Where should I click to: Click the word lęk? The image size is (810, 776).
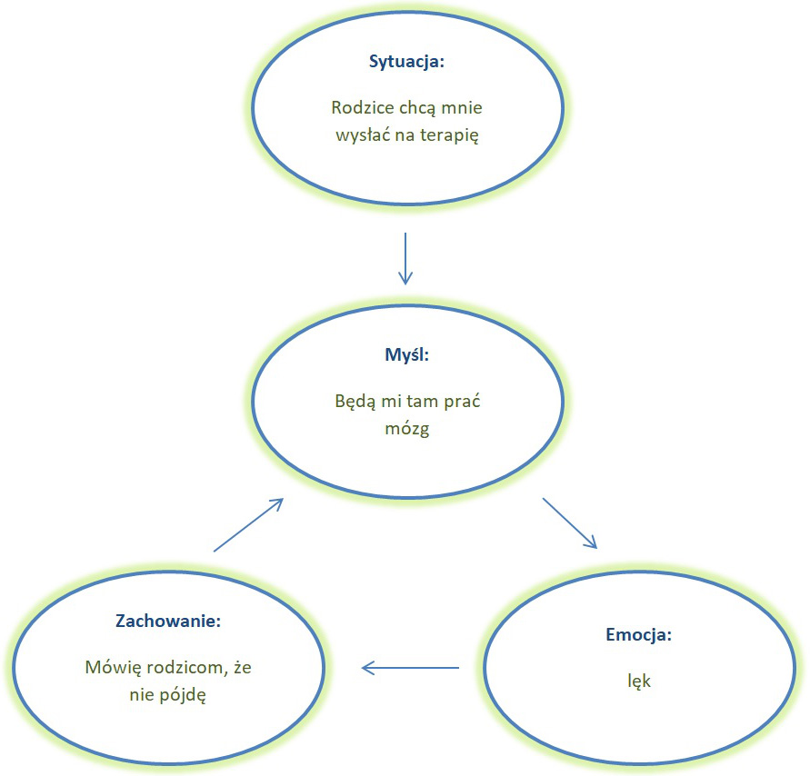click(x=638, y=680)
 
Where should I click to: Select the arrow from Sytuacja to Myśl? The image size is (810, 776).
click(x=405, y=259)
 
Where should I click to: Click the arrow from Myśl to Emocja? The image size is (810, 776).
click(x=570, y=523)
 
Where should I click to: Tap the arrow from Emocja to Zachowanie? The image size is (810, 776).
click(x=410, y=669)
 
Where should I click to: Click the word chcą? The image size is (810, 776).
click(x=421, y=108)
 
